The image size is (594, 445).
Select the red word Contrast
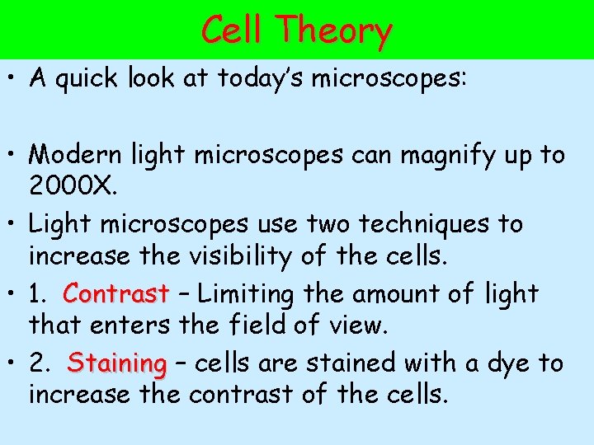[x=115, y=293]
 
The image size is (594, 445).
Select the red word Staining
[x=117, y=363]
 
